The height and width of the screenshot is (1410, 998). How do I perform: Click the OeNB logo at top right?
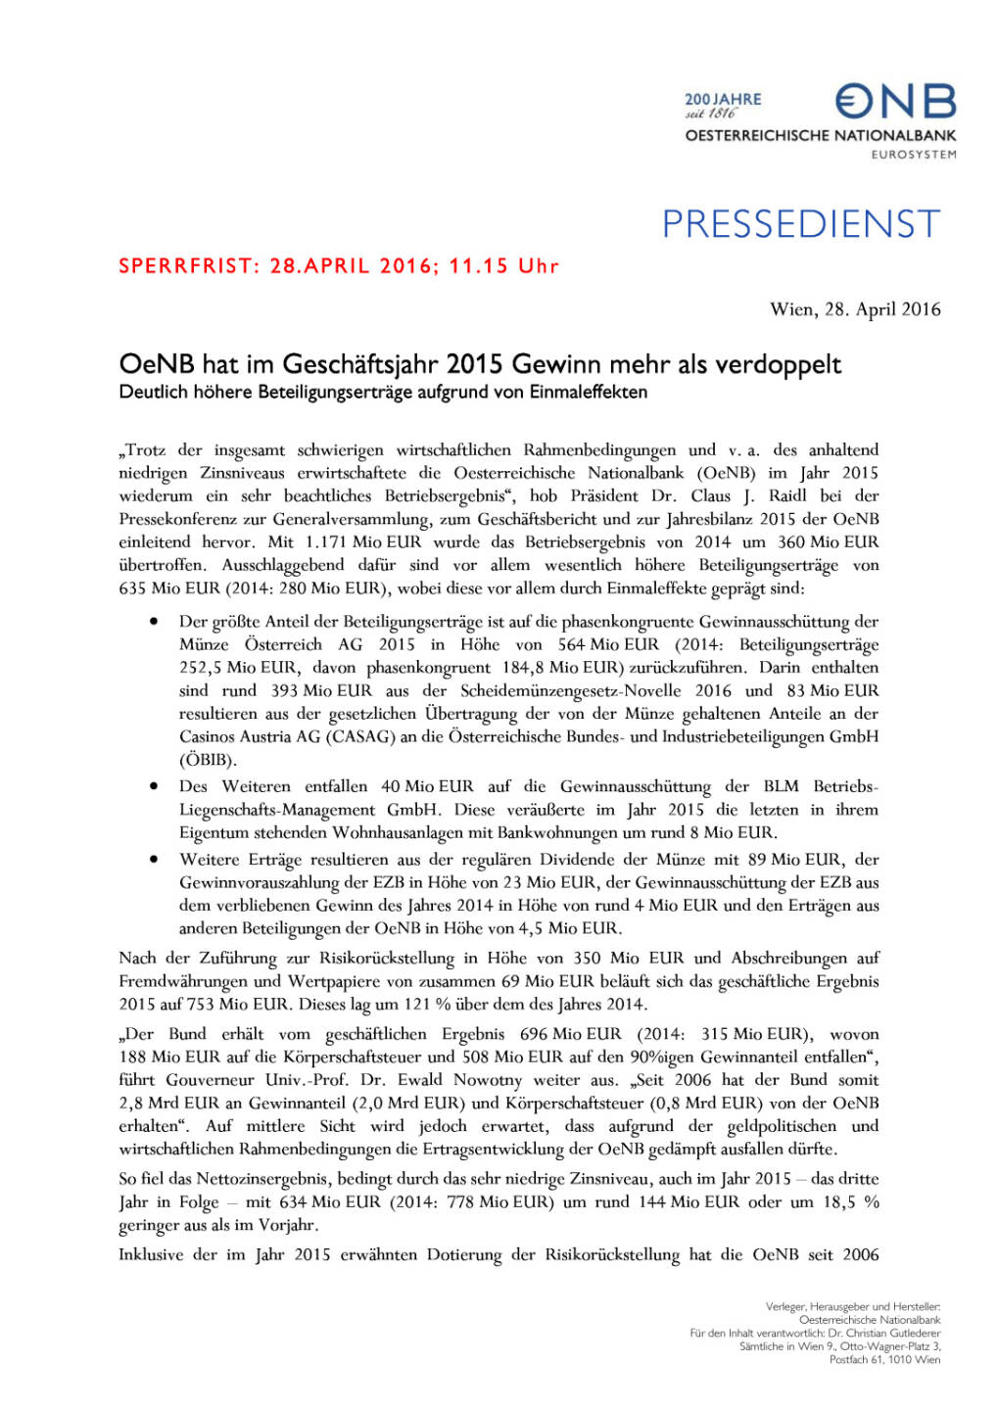[x=895, y=101]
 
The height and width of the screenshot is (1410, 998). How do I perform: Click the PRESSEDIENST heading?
[x=800, y=224]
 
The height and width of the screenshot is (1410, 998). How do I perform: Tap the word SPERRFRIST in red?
[x=187, y=266]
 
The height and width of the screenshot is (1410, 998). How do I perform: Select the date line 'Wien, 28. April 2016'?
[x=855, y=309]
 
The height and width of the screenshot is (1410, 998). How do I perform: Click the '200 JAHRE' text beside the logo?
[x=723, y=99]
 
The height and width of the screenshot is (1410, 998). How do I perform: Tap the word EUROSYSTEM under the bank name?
[x=914, y=155]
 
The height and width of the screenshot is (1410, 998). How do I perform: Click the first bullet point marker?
[x=155, y=622]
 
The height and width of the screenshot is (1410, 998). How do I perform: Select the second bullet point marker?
[x=155, y=786]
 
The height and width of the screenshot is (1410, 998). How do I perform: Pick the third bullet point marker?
[x=155, y=859]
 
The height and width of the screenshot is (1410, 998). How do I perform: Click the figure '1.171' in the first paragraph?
[x=326, y=542]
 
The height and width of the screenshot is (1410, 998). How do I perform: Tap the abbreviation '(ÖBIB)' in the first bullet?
[x=208, y=760]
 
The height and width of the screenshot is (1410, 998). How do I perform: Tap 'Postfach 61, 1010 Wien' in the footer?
[x=884, y=1359]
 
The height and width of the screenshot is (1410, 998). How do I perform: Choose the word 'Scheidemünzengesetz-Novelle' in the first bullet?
[x=572, y=690]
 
